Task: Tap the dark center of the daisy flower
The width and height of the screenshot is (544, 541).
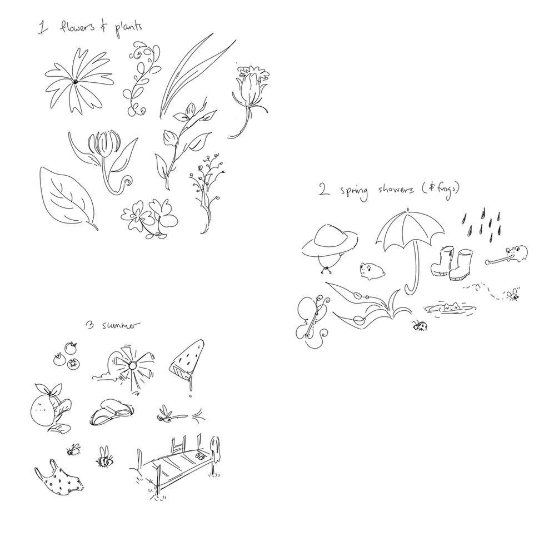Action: [x=74, y=82]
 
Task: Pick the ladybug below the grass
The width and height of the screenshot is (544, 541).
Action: [x=419, y=325]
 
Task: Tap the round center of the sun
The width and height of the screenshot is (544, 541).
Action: [x=132, y=365]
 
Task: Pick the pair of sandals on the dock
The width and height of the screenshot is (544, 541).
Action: [x=198, y=458]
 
